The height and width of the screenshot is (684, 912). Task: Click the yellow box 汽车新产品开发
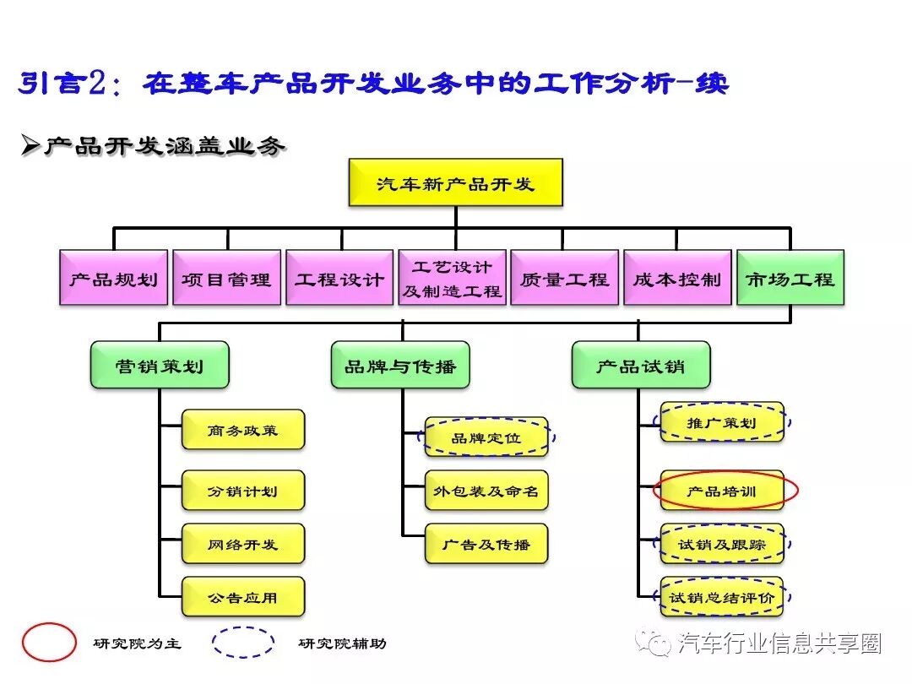(x=455, y=183)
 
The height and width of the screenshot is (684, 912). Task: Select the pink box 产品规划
(x=114, y=278)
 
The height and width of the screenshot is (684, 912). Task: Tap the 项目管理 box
(x=226, y=278)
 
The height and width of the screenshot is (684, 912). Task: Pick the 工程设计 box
(x=339, y=278)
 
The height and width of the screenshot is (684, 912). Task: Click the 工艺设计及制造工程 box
(x=453, y=278)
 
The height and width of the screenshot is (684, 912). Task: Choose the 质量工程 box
(x=565, y=278)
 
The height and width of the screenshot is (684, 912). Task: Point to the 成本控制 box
(x=677, y=278)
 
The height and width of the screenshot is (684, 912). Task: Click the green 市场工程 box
(x=790, y=278)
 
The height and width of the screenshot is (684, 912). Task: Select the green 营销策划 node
(x=160, y=365)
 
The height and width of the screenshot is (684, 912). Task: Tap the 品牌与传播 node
(x=400, y=365)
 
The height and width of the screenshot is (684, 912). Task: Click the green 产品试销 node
(x=641, y=365)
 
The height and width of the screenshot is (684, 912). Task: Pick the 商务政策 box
(x=243, y=430)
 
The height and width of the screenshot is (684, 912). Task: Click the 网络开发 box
(x=243, y=545)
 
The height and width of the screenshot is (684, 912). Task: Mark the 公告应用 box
(x=243, y=597)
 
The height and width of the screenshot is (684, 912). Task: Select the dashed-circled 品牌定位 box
(x=486, y=437)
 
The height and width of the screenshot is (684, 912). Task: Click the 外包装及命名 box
(x=486, y=491)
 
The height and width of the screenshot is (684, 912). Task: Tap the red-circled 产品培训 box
(x=723, y=491)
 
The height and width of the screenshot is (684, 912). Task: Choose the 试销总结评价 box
(x=722, y=597)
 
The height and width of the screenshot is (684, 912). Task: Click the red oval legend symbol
(x=49, y=643)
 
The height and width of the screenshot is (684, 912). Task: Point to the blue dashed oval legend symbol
(x=243, y=643)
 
